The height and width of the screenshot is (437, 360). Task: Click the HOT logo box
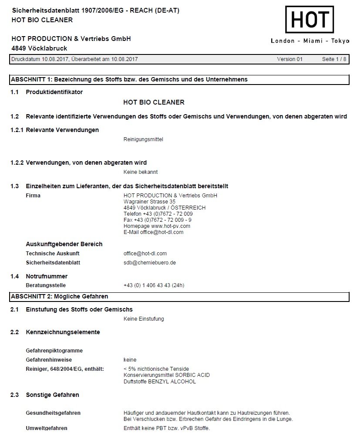click(x=310, y=20)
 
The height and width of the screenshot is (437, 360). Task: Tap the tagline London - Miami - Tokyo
click(x=310, y=41)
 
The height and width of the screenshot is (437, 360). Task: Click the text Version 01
click(x=289, y=59)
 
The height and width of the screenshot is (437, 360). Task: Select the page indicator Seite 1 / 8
click(x=334, y=59)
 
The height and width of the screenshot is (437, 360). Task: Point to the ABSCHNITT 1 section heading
click(x=129, y=80)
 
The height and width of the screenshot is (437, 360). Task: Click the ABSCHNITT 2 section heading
click(x=59, y=297)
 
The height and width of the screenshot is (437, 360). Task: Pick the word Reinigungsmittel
click(x=143, y=139)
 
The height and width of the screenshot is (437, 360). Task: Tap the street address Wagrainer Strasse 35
click(x=149, y=202)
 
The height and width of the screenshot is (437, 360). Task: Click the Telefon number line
click(x=158, y=214)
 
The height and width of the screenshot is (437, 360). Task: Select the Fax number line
click(x=158, y=220)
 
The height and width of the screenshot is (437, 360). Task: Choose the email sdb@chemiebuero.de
click(x=149, y=263)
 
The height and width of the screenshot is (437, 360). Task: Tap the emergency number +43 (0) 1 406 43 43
click(x=154, y=286)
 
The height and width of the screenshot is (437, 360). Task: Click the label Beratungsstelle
click(x=46, y=286)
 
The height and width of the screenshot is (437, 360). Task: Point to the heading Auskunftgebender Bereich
click(x=64, y=244)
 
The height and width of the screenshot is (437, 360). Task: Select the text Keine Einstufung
click(x=144, y=319)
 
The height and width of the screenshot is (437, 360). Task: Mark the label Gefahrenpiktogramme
click(x=54, y=351)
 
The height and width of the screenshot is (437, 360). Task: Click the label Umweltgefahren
click(x=47, y=428)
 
